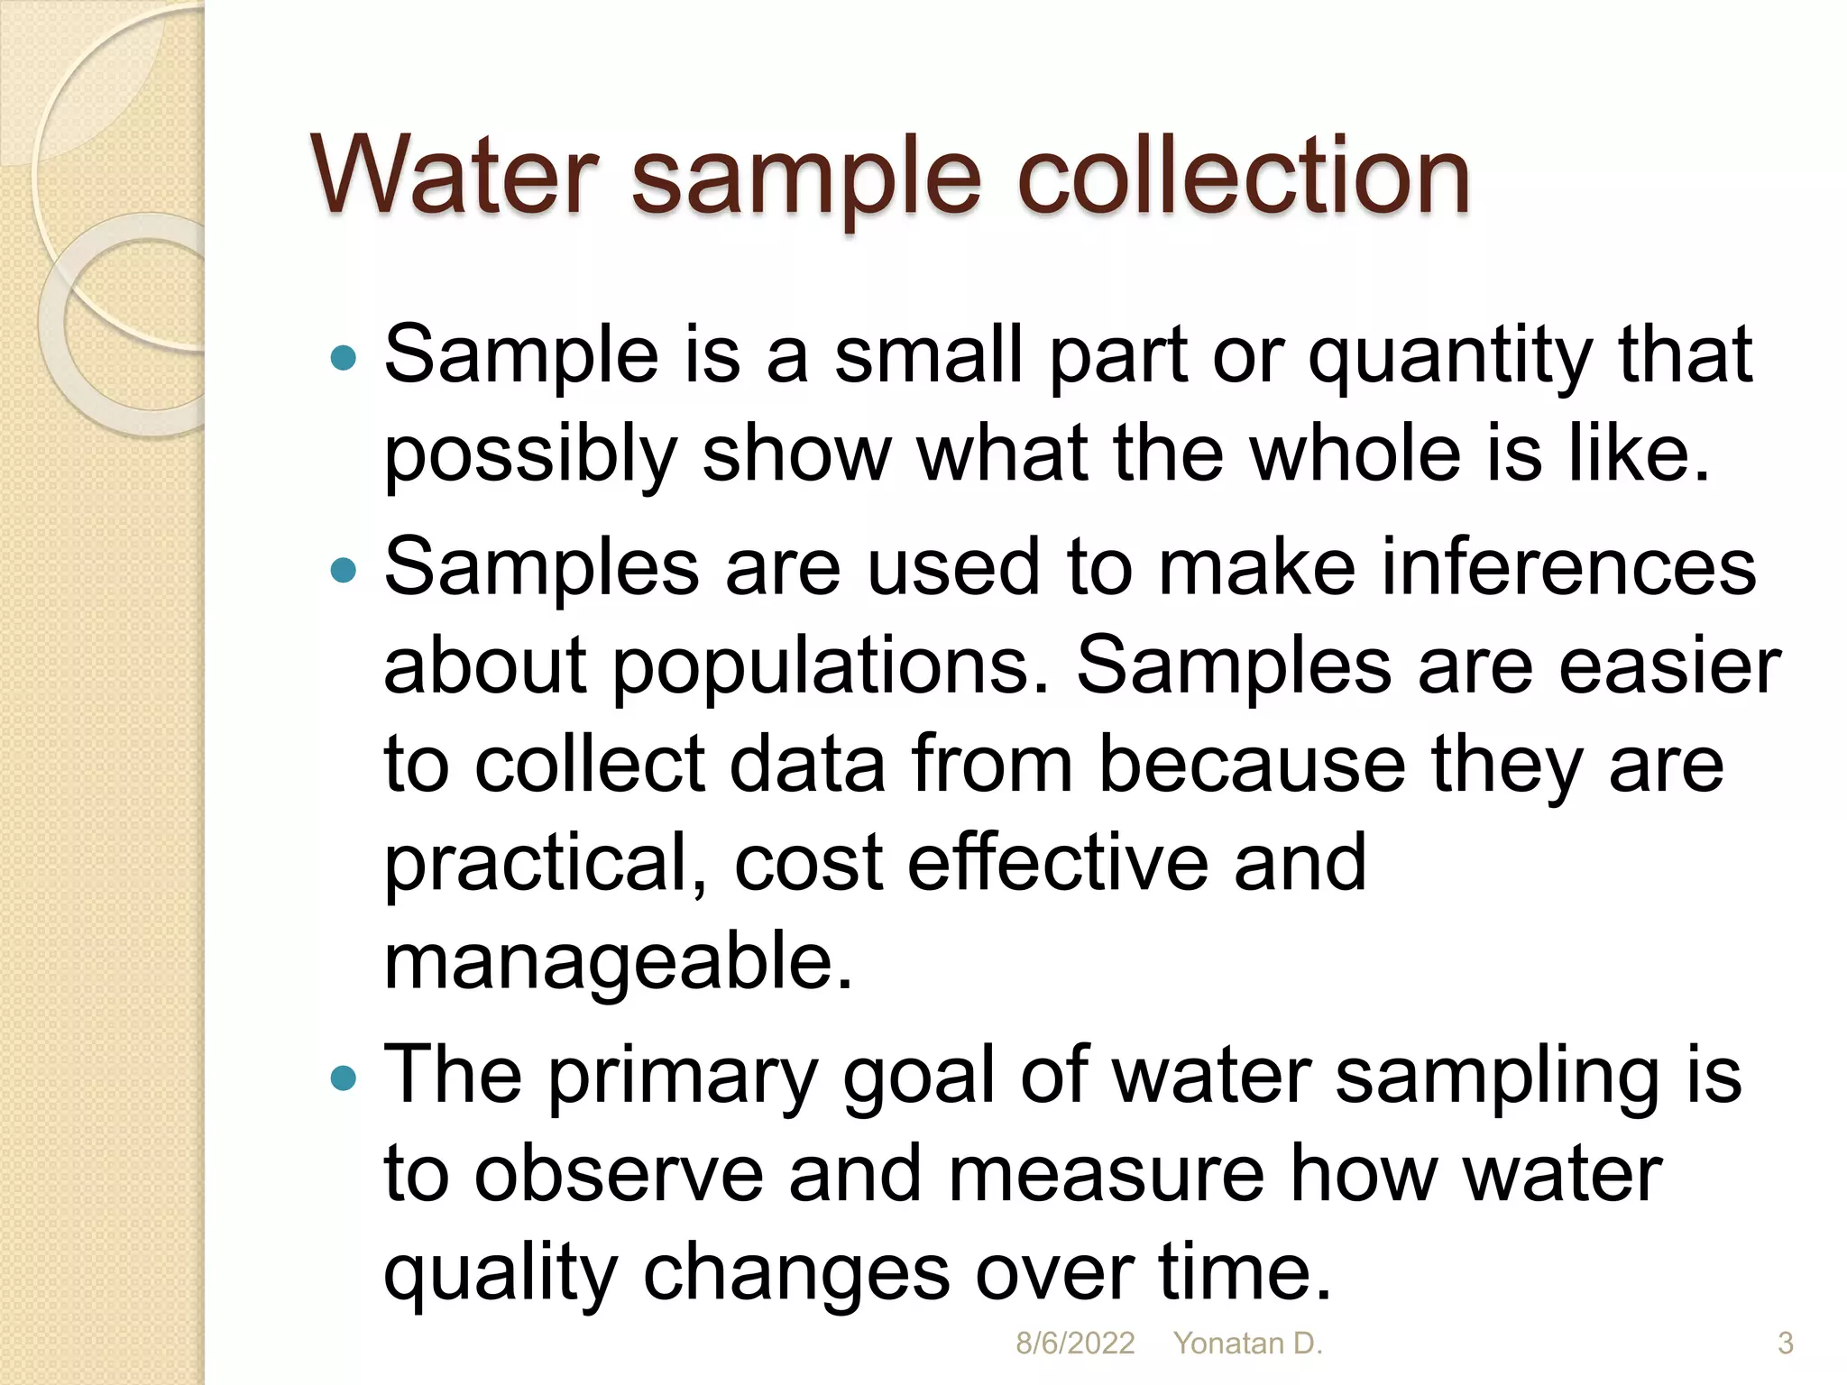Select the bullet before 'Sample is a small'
[x=344, y=359]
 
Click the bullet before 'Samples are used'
[x=344, y=571]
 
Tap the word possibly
[x=529, y=455]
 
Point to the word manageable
[x=618, y=963]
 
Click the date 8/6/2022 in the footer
[x=1075, y=1344]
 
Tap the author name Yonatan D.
[x=1247, y=1344]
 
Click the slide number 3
[x=1785, y=1344]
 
